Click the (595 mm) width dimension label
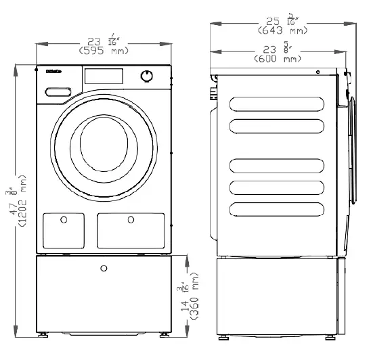pos(102,51)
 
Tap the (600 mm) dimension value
pos(278,60)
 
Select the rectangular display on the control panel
pos(103,75)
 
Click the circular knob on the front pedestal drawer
pos(103,269)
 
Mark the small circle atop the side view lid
pos(317,71)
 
